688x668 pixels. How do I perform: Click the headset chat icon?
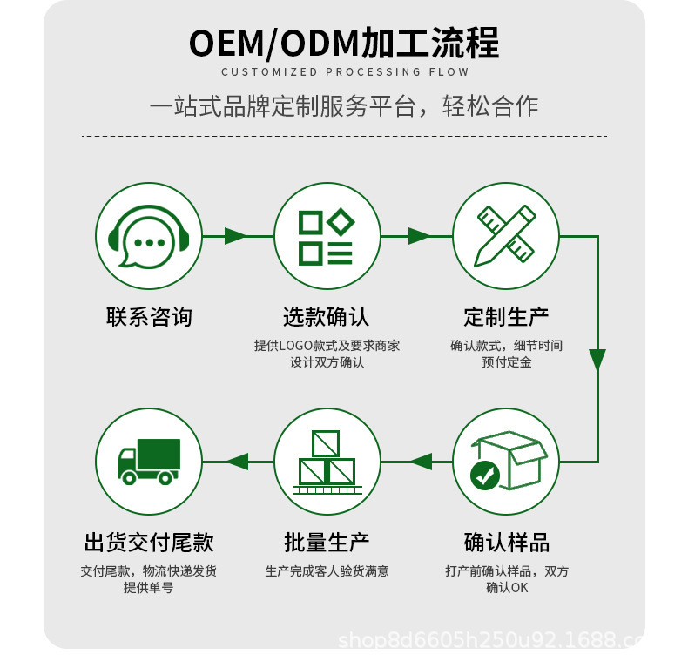(x=148, y=236)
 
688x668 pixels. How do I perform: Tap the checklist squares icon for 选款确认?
(x=327, y=236)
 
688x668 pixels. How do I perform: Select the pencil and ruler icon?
(x=506, y=236)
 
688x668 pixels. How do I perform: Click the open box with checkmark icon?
(x=506, y=462)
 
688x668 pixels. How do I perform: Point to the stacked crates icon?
(x=327, y=462)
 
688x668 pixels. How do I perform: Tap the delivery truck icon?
(x=148, y=462)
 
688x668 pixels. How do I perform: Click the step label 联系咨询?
(x=148, y=316)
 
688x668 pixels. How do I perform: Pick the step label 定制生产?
(x=506, y=316)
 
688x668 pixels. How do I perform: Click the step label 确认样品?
(x=506, y=543)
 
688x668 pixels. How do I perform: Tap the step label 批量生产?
(x=327, y=543)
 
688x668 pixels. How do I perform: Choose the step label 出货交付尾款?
(x=148, y=543)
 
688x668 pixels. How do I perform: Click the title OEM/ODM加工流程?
(x=344, y=43)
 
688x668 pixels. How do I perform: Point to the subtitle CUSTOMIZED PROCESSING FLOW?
(x=344, y=72)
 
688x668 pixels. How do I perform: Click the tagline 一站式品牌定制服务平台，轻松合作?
(x=344, y=106)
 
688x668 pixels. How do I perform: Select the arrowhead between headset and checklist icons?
(x=236, y=236)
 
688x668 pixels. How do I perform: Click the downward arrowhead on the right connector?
(x=597, y=360)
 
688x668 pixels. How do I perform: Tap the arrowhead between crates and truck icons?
(x=238, y=462)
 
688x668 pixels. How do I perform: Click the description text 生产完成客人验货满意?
(x=327, y=571)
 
